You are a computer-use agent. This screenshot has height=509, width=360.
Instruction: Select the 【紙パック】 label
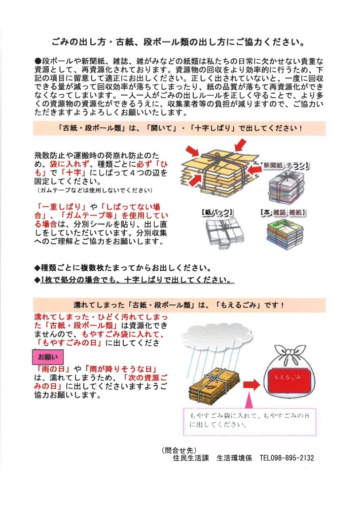click(x=217, y=213)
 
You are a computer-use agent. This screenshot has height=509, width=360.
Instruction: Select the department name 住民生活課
click(x=190, y=458)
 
